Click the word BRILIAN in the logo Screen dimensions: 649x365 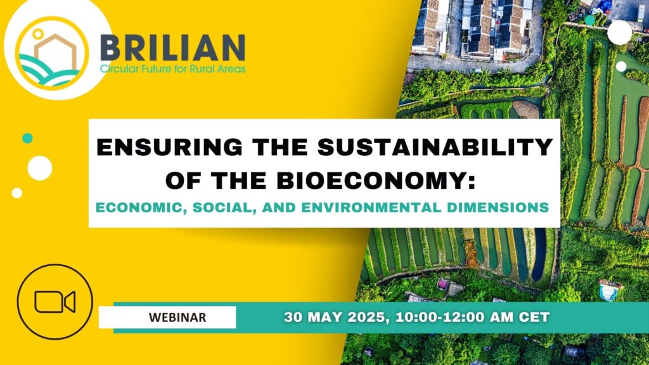(x=172, y=48)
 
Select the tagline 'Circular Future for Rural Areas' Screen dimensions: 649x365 (x=172, y=68)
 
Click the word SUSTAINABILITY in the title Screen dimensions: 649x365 (x=435, y=147)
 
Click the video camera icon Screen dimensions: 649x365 (x=55, y=302)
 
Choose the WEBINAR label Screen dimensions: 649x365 (x=177, y=317)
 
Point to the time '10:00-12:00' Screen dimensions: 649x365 (x=440, y=317)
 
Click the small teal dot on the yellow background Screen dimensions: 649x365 (x=27, y=138)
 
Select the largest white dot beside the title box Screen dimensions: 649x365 (x=40, y=168)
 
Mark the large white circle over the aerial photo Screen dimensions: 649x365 (x=620, y=32)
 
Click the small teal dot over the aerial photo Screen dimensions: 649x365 (x=590, y=20)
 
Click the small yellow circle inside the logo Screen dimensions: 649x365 (x=37, y=33)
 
